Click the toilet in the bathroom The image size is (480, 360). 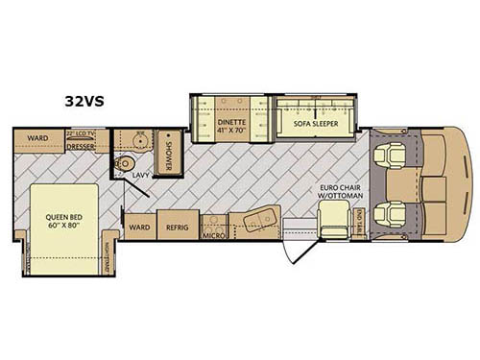click(123, 164)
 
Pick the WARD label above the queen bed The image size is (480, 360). click(38, 138)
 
